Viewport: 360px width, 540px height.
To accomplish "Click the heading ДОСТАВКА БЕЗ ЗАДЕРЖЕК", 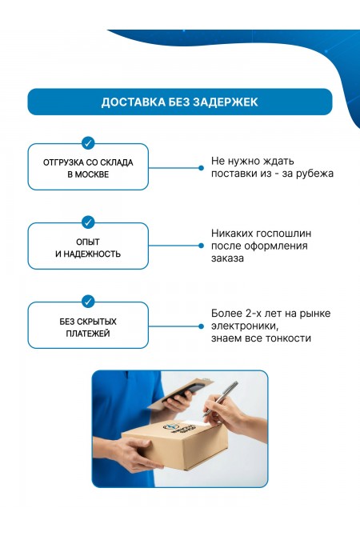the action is [179, 102].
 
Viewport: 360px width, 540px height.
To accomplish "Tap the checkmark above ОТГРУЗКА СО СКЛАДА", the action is [88, 143].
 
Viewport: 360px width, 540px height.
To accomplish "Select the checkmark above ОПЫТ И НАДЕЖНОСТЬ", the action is [88, 222].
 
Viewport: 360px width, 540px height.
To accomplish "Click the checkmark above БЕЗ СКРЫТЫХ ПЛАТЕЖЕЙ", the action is [88, 302].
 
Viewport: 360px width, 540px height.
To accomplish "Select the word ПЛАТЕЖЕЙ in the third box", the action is [88, 334].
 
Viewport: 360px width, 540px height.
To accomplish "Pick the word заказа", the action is [227, 258].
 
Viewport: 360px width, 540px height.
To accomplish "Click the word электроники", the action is [245, 326].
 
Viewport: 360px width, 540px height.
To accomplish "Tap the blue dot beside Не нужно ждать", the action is [201, 168].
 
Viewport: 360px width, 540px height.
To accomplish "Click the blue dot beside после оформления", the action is [201, 246].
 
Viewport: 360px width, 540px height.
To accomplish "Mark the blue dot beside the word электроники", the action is [201, 326].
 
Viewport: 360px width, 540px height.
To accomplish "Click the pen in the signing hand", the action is [220, 398].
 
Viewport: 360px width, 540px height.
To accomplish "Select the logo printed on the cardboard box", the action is [179, 428].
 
